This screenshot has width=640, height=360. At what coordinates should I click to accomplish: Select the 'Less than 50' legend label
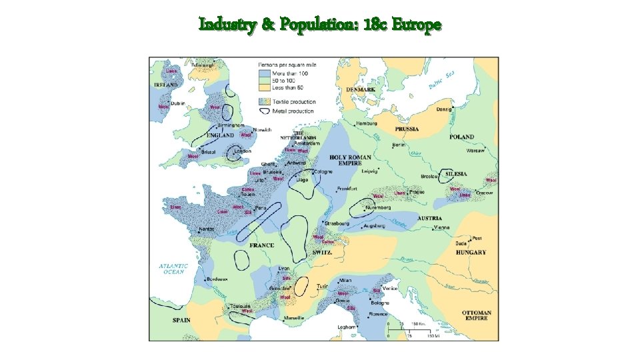pos(287,87)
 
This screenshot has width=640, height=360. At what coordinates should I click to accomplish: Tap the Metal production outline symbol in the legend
pos(264,111)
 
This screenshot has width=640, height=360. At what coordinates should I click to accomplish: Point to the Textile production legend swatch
pos(264,101)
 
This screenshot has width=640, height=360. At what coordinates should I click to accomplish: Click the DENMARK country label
pos(361,89)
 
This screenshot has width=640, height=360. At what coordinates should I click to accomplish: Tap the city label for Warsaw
pos(475,151)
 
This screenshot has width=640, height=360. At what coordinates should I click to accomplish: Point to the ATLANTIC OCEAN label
pos(173,268)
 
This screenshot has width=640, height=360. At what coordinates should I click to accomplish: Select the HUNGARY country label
pos(471,253)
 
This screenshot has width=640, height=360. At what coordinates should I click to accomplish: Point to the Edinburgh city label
pos(203,65)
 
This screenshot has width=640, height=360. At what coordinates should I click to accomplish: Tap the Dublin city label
pos(178,103)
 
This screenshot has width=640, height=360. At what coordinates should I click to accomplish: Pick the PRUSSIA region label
pos(407,129)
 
